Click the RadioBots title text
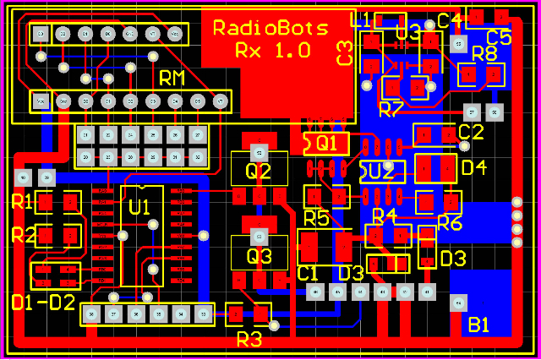pyautogui.click(x=270, y=28)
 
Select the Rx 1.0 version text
pyautogui.click(x=272, y=51)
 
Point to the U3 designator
pyautogui.click(x=407, y=33)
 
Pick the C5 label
pyautogui.click(x=499, y=37)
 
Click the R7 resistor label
pyautogui.click(x=391, y=109)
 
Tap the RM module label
pyautogui.click(x=172, y=79)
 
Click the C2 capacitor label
pyautogui.click(x=471, y=132)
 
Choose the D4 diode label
pyautogui.click(x=474, y=167)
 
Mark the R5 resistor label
pyautogui.click(x=316, y=218)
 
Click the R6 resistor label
pyautogui.click(x=450, y=223)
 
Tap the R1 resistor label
pyautogui.click(x=21, y=202)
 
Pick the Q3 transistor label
pyautogui.click(x=259, y=255)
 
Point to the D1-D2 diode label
pyautogui.click(x=43, y=302)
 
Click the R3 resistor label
pyautogui.click(x=249, y=340)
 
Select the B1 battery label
pyautogui.click(x=479, y=325)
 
